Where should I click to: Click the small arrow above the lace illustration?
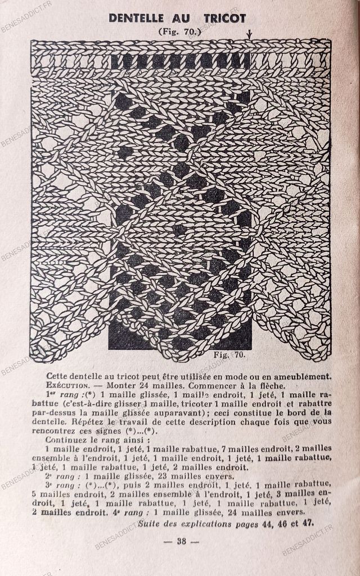coord(249,35)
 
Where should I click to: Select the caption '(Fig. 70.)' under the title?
coord(179,31)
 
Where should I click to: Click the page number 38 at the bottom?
coord(181,541)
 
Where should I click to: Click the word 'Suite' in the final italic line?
coord(150,523)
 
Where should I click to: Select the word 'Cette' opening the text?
coord(57,376)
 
